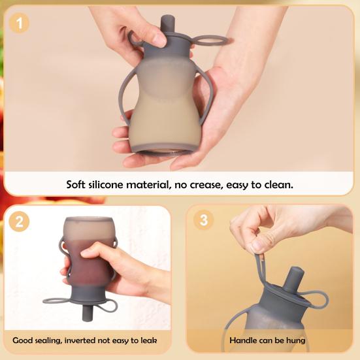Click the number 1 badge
click(20, 23)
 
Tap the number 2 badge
click(20, 221)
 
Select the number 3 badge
click(203, 220)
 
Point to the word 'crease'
click(206, 185)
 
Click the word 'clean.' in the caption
click(279, 185)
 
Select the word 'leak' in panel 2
click(149, 340)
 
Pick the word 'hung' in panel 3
click(296, 340)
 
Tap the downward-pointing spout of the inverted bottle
click(87, 313)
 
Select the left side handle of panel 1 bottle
click(126, 97)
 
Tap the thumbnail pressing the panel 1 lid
click(159, 41)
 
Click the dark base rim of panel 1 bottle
click(165, 149)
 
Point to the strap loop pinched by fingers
click(261, 271)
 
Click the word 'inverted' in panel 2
click(80, 340)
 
